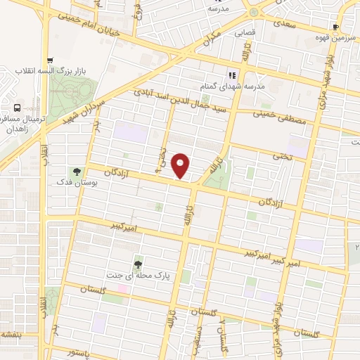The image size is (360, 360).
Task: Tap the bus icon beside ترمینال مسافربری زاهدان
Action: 16,108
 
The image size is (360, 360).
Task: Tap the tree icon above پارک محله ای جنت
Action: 139,263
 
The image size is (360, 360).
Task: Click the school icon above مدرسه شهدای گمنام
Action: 229,75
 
